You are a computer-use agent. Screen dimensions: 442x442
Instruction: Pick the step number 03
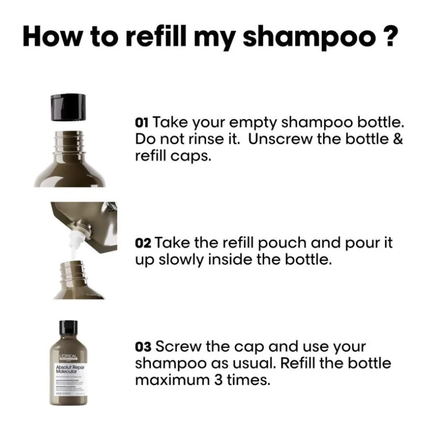coord(143,348)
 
